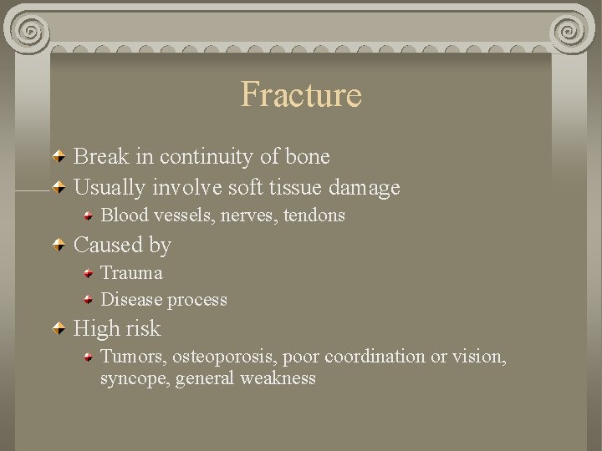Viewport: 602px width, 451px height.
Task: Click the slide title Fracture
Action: (301, 94)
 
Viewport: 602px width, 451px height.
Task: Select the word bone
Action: (308, 156)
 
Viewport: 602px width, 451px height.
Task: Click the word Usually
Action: (110, 188)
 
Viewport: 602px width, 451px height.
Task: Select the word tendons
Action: (314, 215)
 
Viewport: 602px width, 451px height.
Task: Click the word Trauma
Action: (131, 273)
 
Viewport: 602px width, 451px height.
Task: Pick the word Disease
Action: (131, 299)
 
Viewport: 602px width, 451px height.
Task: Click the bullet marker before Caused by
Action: (60, 246)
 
